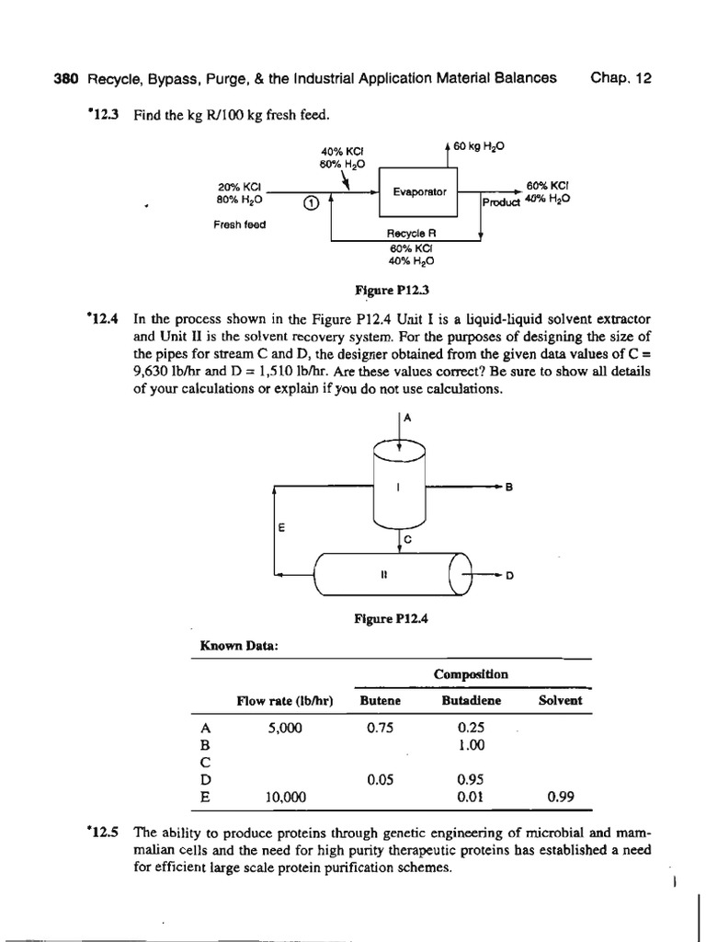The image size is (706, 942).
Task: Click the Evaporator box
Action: (418, 192)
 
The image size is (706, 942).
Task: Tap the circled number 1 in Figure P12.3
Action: (312, 203)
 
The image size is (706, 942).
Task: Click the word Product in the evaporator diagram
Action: (502, 202)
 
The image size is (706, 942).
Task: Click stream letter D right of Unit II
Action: (509, 576)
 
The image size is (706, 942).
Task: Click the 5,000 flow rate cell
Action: (283, 727)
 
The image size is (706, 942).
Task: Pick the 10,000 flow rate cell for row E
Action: (283, 797)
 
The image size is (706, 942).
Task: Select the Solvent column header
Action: (560, 700)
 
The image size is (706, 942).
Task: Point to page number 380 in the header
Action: (67, 78)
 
